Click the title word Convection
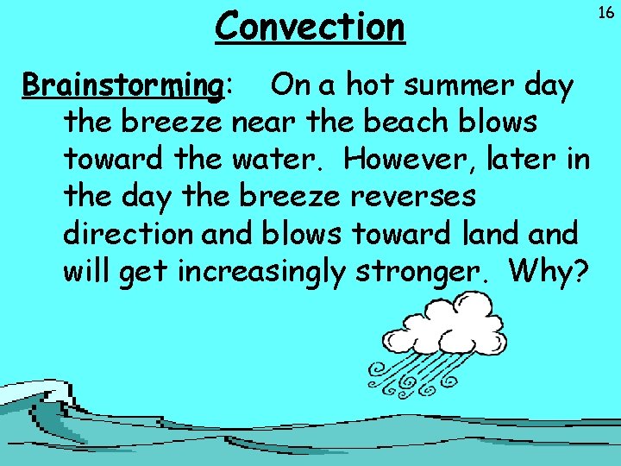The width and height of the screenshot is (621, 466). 310,27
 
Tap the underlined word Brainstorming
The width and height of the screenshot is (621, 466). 122,86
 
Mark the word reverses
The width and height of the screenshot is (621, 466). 413,198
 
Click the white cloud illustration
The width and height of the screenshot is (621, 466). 445,331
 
